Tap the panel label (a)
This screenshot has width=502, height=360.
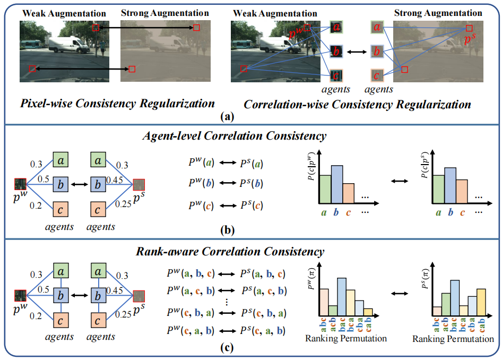(x=252, y=115)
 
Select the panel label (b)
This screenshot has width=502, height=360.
(x=252, y=232)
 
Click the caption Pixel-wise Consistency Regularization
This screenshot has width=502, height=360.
(x=117, y=102)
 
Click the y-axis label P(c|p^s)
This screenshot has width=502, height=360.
(x=425, y=169)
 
